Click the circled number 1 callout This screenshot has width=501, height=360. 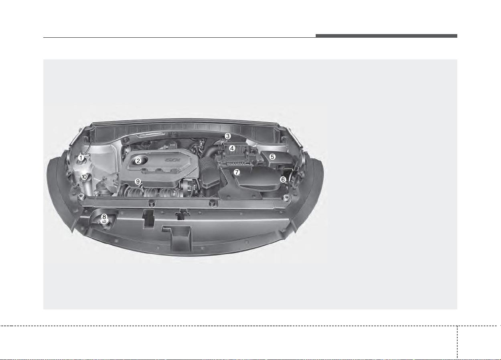pos(81,158)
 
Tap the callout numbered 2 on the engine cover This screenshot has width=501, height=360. pos(138,161)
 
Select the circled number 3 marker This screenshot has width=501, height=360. pos(227,136)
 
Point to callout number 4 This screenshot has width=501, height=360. pos(232,148)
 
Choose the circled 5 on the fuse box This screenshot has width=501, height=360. pos(272,157)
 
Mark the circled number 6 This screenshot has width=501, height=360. pos(283,179)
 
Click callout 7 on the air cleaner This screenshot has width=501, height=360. pos(237,172)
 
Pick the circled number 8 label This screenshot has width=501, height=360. pos(104,217)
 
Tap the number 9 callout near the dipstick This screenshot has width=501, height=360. pos(138,181)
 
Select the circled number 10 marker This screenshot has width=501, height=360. pos(84,177)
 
